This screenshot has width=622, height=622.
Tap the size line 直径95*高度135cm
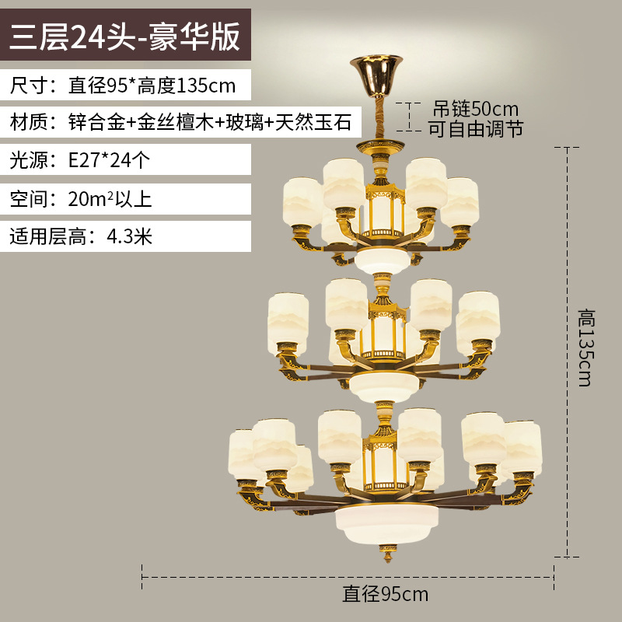(152, 84)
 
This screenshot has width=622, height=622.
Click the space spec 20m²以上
(110, 198)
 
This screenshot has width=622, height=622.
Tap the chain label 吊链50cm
(475, 108)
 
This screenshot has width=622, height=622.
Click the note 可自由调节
(475, 128)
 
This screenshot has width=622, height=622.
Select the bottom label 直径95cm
(386, 595)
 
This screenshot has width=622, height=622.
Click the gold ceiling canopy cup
(380, 70)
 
